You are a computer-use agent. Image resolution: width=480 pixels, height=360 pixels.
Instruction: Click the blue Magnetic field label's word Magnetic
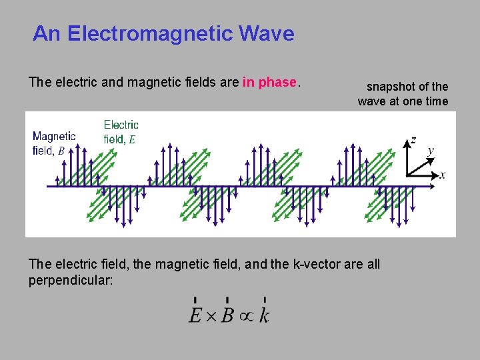[54, 136]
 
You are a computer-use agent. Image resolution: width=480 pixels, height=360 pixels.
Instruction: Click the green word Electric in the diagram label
[121, 125]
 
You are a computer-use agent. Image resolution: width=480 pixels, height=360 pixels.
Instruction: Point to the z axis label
[414, 139]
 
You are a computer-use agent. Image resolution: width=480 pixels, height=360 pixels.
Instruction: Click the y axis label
[431, 151]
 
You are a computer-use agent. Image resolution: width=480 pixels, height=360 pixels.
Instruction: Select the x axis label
[443, 175]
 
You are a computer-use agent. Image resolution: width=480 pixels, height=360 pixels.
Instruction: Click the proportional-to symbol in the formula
[245, 315]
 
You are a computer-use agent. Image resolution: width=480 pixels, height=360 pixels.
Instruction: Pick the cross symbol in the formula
[211, 315]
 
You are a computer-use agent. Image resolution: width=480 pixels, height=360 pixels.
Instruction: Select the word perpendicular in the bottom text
[70, 280]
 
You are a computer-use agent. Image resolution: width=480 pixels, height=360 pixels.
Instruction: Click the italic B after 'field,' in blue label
[61, 151]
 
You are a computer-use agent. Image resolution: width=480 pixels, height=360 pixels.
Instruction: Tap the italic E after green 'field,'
[132, 139]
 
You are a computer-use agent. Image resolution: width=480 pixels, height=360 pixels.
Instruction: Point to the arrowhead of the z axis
[407, 141]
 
